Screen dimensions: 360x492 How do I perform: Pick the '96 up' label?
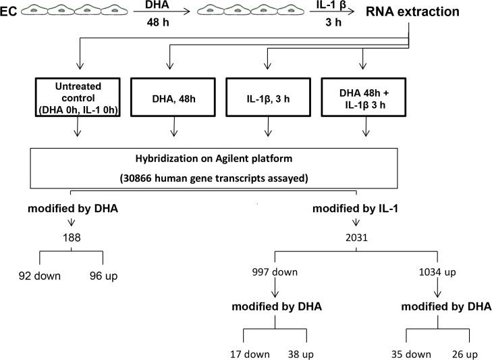click(103, 275)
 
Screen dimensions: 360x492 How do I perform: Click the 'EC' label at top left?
click(10, 12)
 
